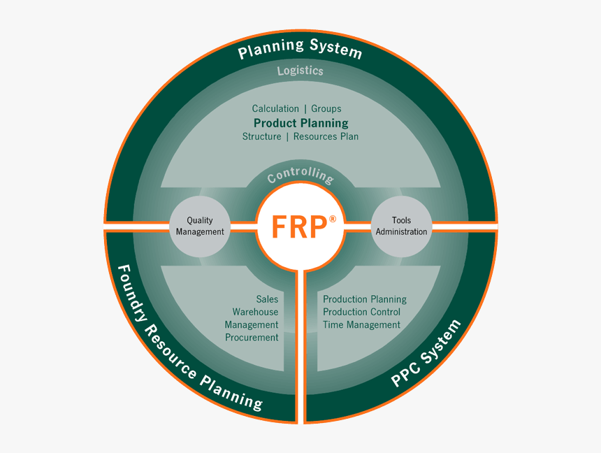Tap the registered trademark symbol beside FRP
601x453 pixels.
pos(332,219)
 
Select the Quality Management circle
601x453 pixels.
pos(200,226)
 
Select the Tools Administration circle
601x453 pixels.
pos(401,226)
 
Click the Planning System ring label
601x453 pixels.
pos(300,50)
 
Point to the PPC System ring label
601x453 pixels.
pos(426,354)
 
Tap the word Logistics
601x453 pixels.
pos(300,71)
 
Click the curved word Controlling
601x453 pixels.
pos(300,175)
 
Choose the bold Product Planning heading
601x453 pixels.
pos(300,123)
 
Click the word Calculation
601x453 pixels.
pos(275,108)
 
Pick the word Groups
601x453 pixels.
pos(326,108)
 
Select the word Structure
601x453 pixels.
pos(262,136)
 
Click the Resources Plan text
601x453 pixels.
pos(326,136)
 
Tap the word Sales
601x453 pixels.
pos(267,299)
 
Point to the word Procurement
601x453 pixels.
pos(252,337)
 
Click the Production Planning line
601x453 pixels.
pos(364,299)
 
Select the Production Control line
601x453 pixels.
pos(361,312)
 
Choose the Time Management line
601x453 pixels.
pos(361,324)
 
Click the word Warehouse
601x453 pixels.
pos(255,312)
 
